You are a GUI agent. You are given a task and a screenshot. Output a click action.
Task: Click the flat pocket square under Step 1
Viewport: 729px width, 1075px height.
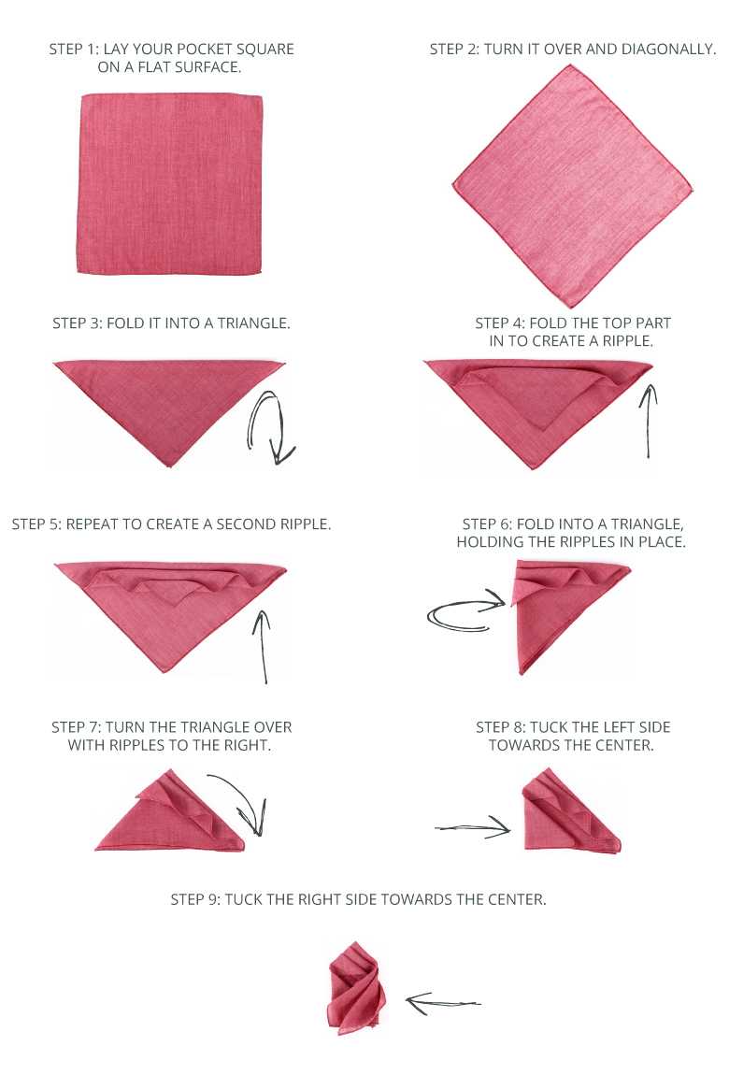170,184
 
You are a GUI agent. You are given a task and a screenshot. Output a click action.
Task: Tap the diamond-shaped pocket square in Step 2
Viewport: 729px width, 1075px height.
574,187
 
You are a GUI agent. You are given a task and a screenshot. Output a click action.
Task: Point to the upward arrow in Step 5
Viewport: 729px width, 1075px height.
263,645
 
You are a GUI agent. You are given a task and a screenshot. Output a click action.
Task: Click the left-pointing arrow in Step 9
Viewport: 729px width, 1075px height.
443,1002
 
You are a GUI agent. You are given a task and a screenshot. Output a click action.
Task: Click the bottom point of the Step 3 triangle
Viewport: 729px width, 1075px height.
168,464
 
